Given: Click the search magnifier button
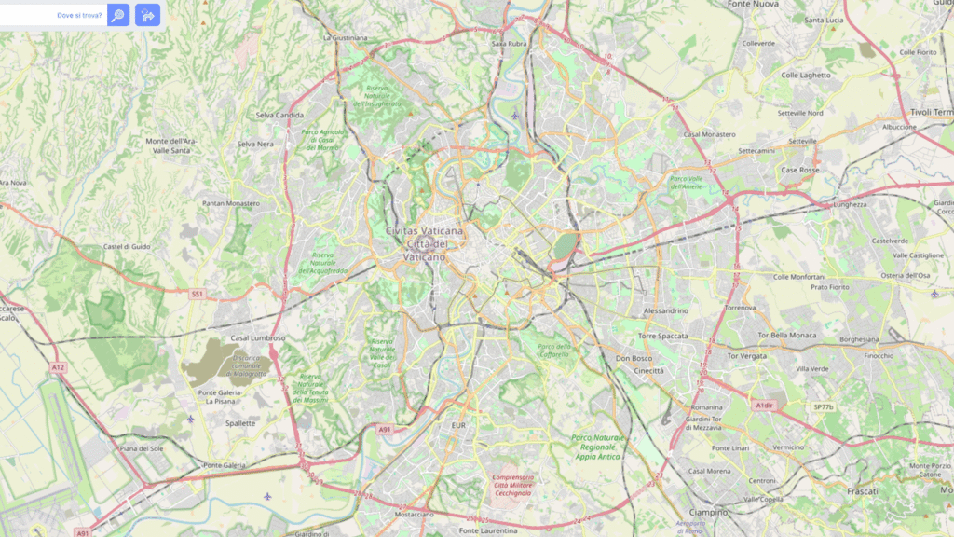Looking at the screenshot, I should click(x=118, y=15).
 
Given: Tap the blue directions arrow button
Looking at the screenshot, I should click(x=147, y=15).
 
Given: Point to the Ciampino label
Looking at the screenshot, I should click(x=708, y=512).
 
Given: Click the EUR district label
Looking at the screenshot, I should click(x=457, y=425).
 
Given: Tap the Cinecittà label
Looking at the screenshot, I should click(x=649, y=370).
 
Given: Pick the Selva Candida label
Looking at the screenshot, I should click(x=279, y=116).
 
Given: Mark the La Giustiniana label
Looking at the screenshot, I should click(x=345, y=38).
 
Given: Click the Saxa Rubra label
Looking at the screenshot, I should click(x=510, y=43).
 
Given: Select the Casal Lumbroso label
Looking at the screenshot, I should click(x=258, y=337).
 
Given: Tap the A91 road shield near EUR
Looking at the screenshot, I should click(x=386, y=429).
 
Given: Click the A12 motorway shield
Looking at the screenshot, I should click(x=59, y=367).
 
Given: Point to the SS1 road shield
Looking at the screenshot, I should click(x=197, y=294).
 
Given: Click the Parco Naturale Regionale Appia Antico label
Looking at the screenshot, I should click(x=597, y=446).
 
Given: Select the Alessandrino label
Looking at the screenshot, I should click(x=666, y=310).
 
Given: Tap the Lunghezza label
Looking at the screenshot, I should click(x=849, y=204).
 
